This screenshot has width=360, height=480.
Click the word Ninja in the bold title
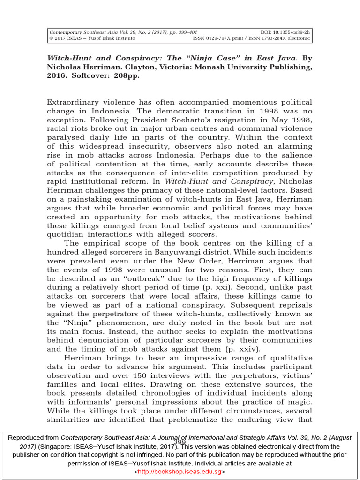[202, 59]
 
